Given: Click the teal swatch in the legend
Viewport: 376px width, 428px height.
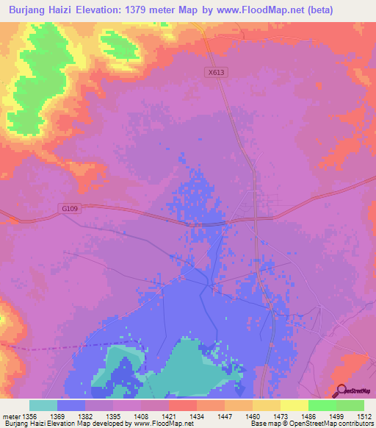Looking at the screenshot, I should pyautogui.click(x=43, y=405).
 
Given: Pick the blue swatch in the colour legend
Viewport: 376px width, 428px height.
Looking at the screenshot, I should pyautogui.click(x=71, y=405).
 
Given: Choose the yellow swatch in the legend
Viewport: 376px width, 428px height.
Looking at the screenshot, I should pyautogui.click(x=294, y=405).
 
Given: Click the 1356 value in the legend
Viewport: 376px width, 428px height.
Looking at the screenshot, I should pyautogui.click(x=32, y=417).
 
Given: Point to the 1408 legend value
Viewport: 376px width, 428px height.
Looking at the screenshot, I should pyautogui.click(x=140, y=417).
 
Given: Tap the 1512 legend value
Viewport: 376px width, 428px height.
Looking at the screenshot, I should pyautogui.click(x=363, y=417).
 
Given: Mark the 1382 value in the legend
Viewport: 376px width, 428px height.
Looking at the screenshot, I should pyautogui.click(x=85, y=417).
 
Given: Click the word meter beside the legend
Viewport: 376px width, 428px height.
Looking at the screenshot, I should pyautogui.click(x=12, y=417).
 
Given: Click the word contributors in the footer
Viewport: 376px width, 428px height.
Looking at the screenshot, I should pyautogui.click(x=355, y=424).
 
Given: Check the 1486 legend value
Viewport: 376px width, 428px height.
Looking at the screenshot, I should pyautogui.click(x=307, y=417).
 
